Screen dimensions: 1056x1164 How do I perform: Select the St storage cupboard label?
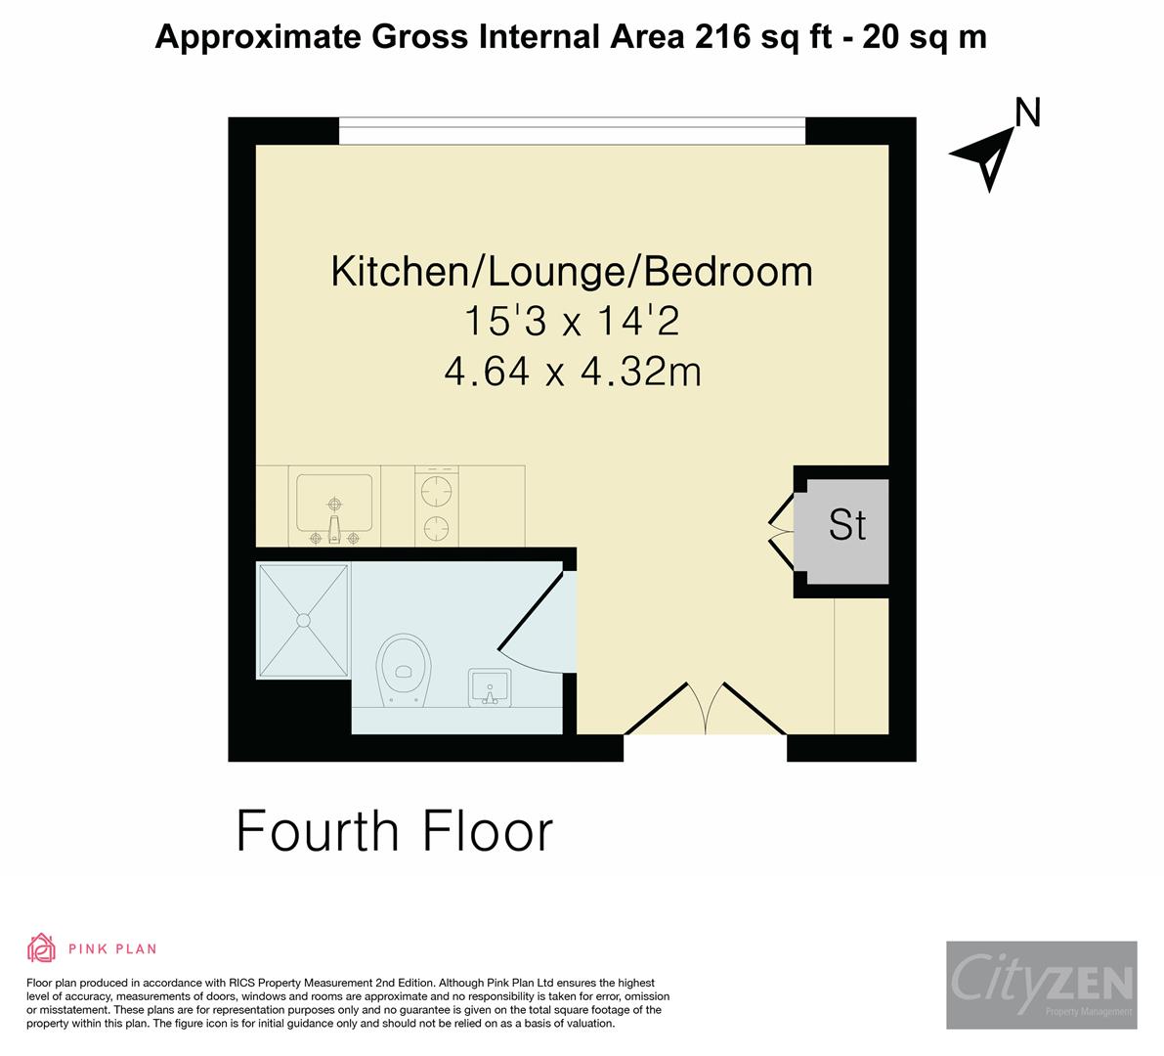(846, 525)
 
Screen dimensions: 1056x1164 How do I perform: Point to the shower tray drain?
(303, 619)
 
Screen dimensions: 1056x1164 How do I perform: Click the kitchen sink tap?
(334, 529)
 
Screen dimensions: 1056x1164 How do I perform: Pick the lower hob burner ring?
(435, 528)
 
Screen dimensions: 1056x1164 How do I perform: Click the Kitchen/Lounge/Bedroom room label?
(572, 271)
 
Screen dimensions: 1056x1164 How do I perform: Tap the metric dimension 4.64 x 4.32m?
(572, 372)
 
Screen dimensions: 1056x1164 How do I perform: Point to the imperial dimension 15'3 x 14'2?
(572, 322)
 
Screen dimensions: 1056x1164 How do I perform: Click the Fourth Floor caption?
(395, 831)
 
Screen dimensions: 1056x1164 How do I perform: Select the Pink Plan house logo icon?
(41, 947)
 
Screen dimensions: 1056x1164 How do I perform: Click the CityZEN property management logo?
(1041, 984)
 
